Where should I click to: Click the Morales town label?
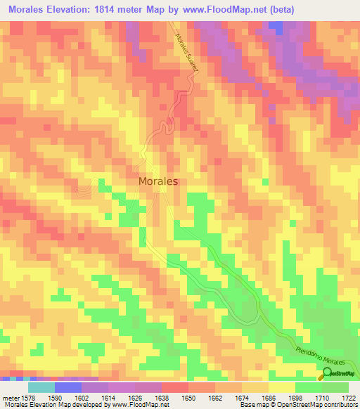(157, 181)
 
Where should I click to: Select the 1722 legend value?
(347, 396)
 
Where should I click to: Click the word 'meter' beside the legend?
(11, 396)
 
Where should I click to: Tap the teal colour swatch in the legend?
(41, 387)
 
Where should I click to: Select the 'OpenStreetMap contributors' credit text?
(321, 404)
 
